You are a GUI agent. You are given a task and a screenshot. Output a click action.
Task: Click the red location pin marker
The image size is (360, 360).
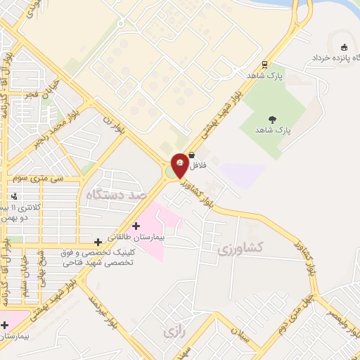tap(179, 165)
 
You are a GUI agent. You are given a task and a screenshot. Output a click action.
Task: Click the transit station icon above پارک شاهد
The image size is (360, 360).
tap(264, 63)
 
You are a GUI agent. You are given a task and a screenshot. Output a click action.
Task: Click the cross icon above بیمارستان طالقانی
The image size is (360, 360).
tap(136, 225)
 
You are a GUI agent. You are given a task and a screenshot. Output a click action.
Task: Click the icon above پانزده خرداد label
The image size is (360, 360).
tap(344, 39)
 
